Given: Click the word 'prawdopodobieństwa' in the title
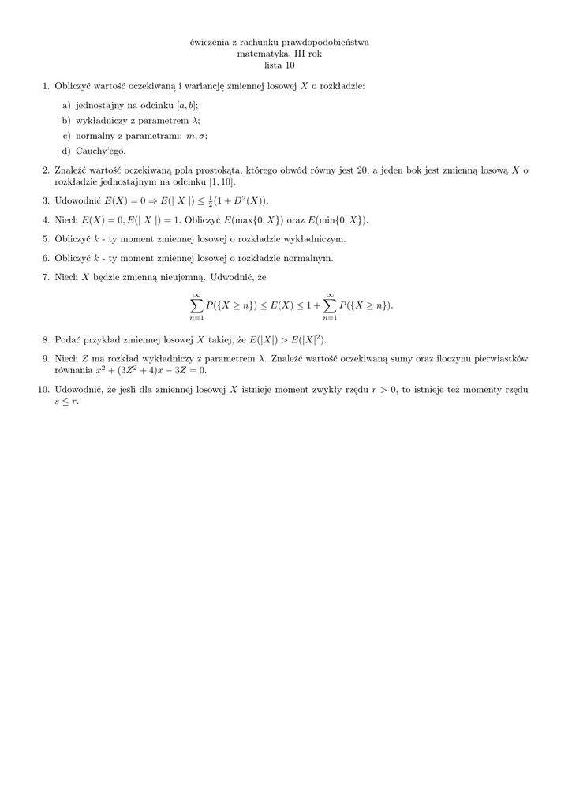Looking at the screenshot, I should coord(326,42).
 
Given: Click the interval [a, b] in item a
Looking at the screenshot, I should coord(187,105).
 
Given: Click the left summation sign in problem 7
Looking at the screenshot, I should coord(196,305).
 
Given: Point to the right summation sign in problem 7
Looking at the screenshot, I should coord(330,305).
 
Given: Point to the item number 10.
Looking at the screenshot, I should coord(43,389).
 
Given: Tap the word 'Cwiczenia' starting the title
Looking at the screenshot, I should coord(211,42).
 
